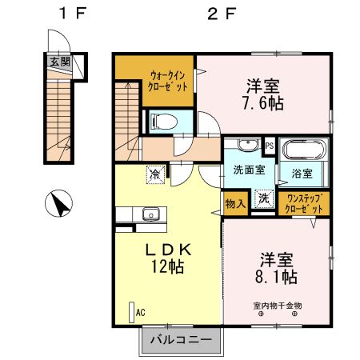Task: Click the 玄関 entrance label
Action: point(58,62)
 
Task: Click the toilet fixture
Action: point(162,122)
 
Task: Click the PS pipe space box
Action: point(269,146)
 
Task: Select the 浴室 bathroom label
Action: point(303,174)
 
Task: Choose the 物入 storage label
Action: point(235,204)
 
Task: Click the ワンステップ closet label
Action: point(305,198)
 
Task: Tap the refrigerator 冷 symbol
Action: point(154,173)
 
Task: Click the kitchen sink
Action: point(149,214)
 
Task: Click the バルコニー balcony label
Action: point(181,339)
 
